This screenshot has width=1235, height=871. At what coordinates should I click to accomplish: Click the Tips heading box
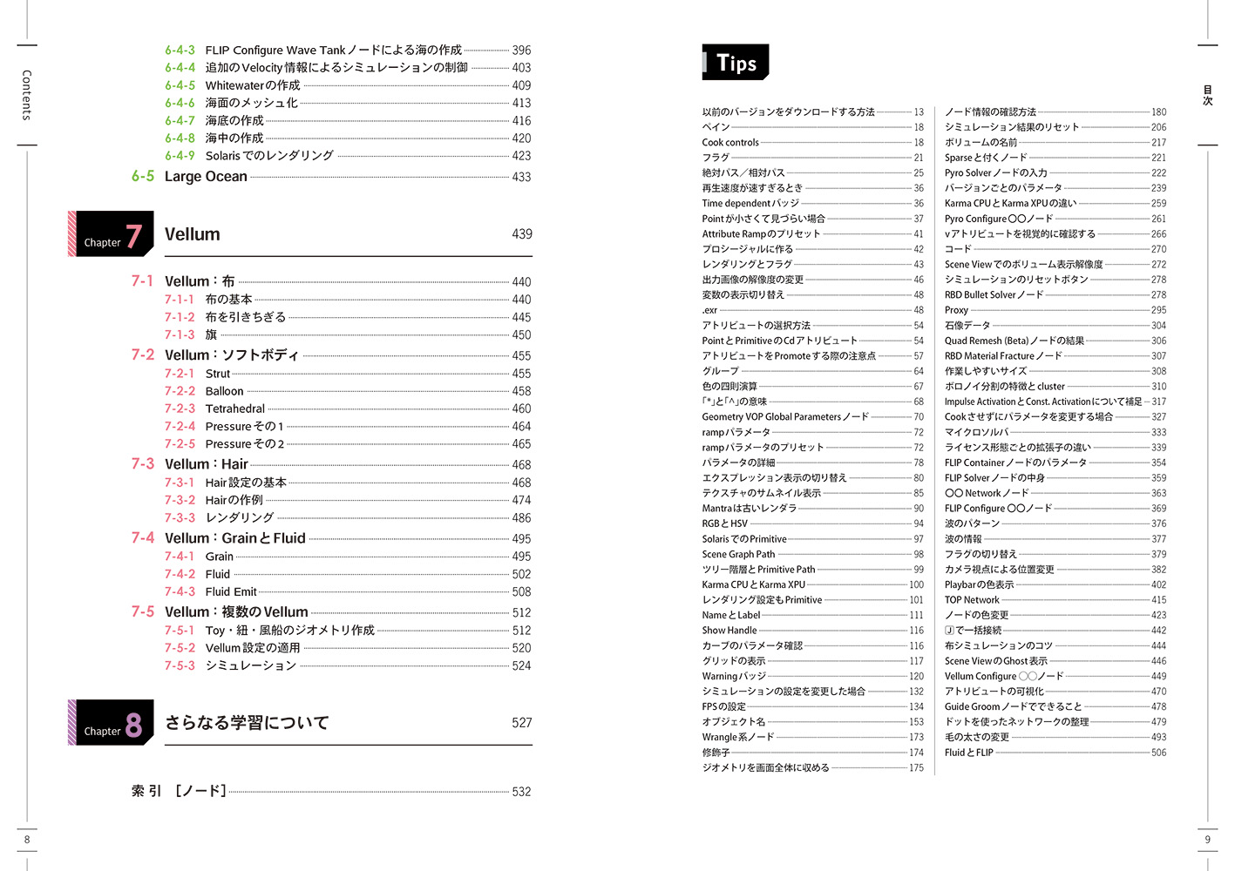(x=736, y=63)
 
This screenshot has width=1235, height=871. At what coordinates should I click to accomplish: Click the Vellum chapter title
(x=193, y=234)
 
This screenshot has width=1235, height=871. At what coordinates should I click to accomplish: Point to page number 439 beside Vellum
(x=521, y=234)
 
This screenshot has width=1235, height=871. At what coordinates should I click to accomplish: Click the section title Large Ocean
(x=206, y=177)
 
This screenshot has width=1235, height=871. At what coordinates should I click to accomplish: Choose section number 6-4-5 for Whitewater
(x=180, y=85)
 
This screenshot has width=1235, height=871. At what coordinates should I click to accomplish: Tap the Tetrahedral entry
(x=235, y=408)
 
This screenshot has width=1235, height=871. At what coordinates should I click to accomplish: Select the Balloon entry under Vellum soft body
(x=225, y=391)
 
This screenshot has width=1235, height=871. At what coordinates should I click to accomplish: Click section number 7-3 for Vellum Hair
(x=143, y=464)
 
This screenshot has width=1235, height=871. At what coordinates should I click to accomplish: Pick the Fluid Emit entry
(x=231, y=591)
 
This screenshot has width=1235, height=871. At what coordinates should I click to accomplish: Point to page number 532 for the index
(x=521, y=792)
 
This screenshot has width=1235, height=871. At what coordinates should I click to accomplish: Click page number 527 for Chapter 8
(x=521, y=723)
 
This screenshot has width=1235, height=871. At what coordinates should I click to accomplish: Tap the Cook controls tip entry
(x=730, y=143)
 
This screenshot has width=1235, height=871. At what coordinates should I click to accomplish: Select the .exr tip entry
(x=709, y=310)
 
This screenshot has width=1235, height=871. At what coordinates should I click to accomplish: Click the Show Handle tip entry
(x=729, y=631)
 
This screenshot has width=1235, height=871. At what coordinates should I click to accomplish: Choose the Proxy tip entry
(x=956, y=310)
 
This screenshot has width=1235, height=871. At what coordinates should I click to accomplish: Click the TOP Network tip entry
(x=972, y=600)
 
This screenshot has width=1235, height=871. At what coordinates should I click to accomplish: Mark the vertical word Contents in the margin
(x=27, y=95)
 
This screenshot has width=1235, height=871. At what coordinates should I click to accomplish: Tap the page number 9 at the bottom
(x=1207, y=840)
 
